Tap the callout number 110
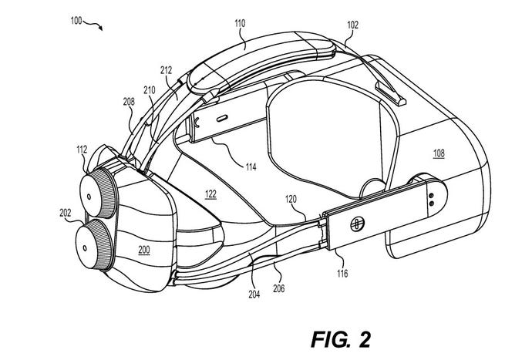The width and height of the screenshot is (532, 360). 240,24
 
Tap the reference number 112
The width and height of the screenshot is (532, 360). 81,151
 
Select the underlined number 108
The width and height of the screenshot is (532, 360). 437,153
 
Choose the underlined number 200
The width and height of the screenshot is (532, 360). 143,251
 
